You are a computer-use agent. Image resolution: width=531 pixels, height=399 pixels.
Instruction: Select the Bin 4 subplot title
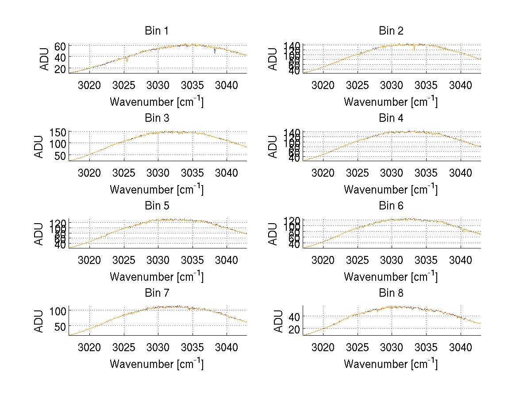[391, 118]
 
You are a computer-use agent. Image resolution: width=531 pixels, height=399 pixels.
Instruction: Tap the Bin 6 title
[391, 206]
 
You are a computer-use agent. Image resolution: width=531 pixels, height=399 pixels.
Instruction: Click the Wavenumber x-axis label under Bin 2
[391, 102]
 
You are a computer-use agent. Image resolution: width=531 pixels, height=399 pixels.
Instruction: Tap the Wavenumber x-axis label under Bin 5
[157, 277]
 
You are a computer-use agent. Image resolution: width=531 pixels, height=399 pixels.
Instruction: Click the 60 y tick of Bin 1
[60, 46]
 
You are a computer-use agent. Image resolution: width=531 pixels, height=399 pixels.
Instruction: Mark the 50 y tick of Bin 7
[60, 326]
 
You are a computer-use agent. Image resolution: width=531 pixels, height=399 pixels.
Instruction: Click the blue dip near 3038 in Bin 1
[215, 51]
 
